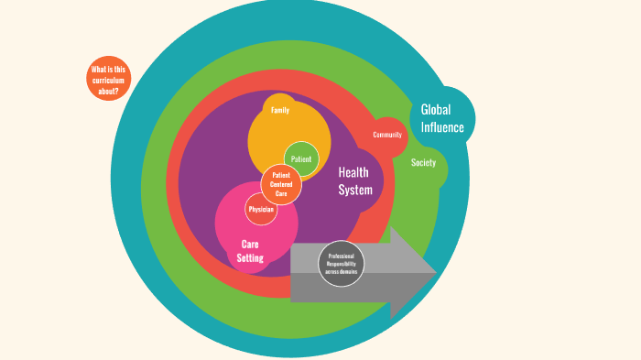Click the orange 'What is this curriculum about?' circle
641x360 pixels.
108,78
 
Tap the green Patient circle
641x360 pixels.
301,159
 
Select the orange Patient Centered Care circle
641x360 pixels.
281,185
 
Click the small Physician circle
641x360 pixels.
261,210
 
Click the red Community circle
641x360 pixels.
387,136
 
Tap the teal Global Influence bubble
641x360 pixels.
442,118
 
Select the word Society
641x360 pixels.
423,162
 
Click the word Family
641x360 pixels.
280,111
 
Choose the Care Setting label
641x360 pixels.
250,251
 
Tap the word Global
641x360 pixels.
436,109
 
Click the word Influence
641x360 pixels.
442,127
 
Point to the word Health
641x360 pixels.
353,172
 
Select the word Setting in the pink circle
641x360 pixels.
250,258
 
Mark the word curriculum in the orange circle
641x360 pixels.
108,80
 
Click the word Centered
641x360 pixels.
281,185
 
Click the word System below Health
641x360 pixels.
355,191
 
